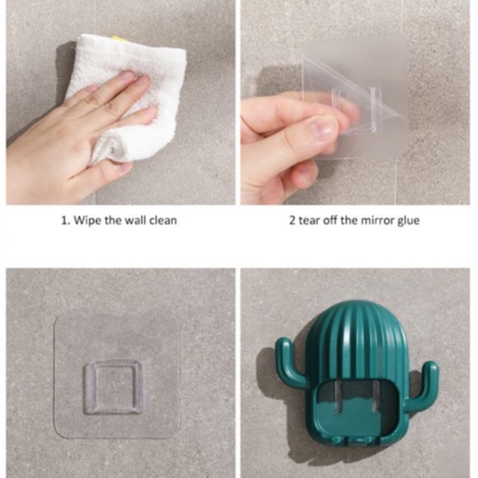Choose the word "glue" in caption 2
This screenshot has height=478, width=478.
408,221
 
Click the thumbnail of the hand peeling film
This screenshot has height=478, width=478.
356,102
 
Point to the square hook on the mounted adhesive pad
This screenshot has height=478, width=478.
115,381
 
